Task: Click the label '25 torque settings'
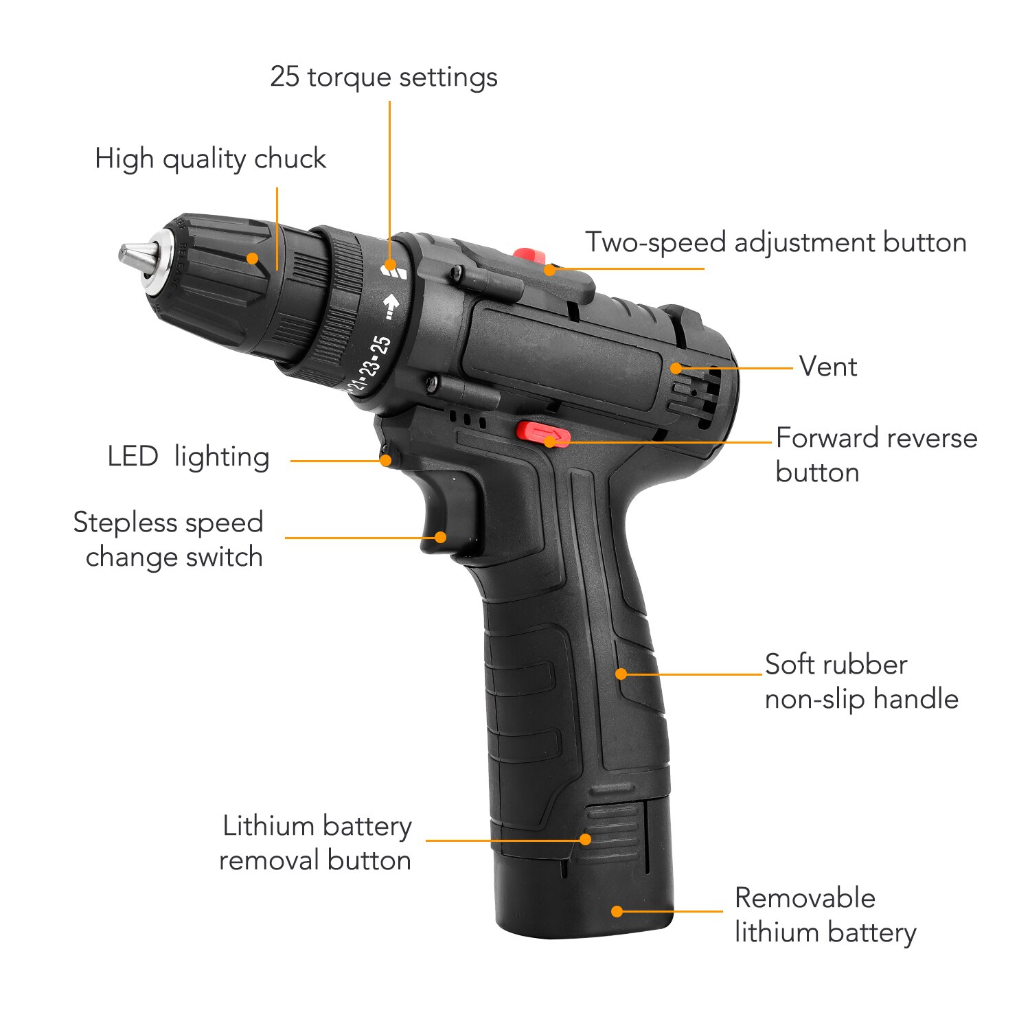tap(383, 77)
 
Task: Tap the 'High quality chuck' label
tap(210, 159)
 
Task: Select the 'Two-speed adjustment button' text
tap(775, 242)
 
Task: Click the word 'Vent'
tap(828, 367)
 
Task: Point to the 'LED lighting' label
tap(188, 457)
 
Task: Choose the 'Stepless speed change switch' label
tap(169, 540)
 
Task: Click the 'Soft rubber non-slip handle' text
tap(861, 681)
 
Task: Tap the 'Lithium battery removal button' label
tap(316, 843)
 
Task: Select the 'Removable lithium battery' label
tap(825, 915)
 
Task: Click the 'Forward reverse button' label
tap(876, 455)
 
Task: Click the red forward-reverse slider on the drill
tap(542, 433)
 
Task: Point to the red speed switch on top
tap(529, 256)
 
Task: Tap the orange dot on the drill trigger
tap(440, 538)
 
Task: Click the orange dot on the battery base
tap(617, 911)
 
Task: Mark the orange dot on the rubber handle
tap(621, 674)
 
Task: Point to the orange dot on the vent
tap(676, 368)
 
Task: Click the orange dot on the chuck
tap(253, 258)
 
